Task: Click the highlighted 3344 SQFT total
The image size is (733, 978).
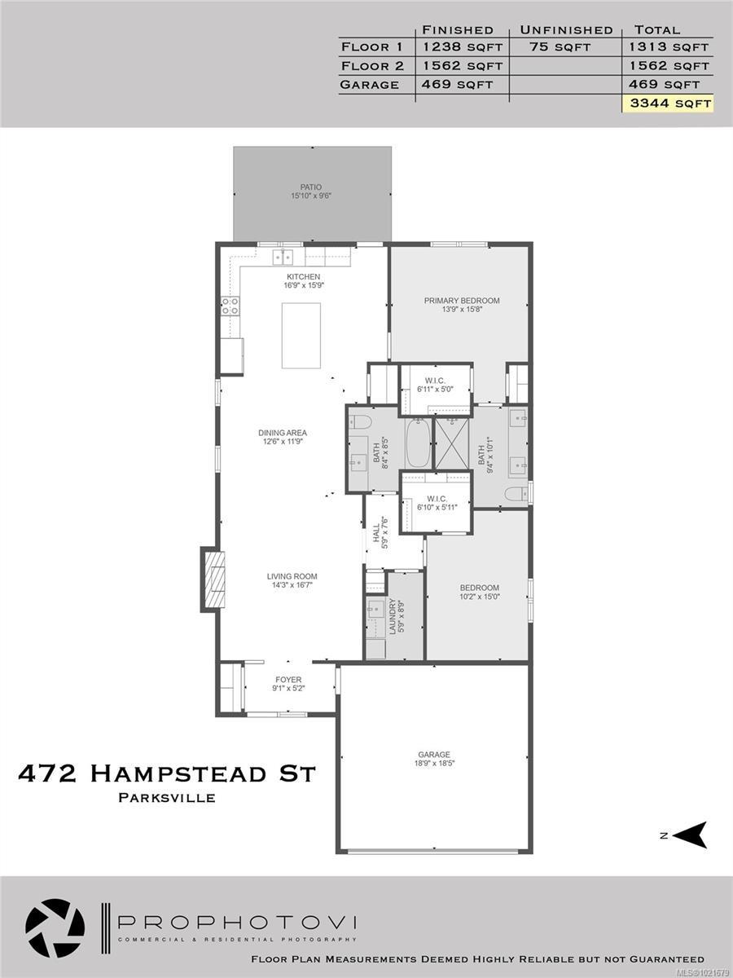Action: coord(667,104)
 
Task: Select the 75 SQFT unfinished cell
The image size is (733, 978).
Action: coord(560,47)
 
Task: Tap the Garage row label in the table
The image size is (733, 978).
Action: coord(370,85)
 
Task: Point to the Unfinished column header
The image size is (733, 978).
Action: coord(566,30)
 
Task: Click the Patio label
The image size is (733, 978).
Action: coord(312,187)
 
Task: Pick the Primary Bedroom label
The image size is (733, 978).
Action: coord(462,301)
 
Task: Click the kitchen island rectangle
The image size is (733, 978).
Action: coord(301,335)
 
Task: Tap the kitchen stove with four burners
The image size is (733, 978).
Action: coord(230,306)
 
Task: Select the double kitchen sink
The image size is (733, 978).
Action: coord(283,257)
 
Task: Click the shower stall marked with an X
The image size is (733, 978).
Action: coord(453,442)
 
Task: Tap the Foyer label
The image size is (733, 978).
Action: coord(288,680)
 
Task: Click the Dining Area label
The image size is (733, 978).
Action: coord(283,433)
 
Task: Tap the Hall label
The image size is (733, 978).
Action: coord(376,534)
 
